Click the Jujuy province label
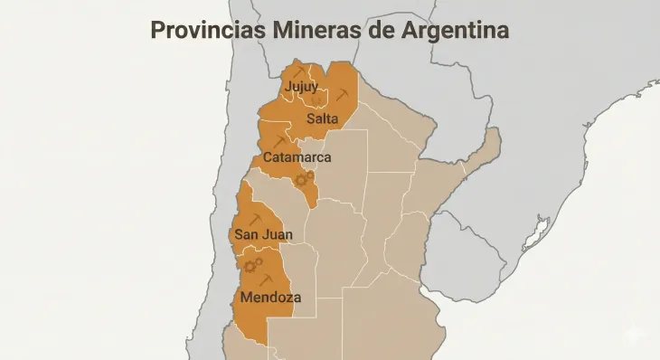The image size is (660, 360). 301,88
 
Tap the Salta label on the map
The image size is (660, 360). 322,119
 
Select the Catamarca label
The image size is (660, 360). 297,157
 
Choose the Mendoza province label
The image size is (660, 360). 271,297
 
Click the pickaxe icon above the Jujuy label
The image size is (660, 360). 298,71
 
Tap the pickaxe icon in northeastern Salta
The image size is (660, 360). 342,95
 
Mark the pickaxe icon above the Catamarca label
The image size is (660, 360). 278,141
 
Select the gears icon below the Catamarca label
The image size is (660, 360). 306,178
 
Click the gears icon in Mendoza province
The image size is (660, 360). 253,265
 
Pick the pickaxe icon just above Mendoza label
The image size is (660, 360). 265,281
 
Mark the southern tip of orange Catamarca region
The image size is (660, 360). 313,204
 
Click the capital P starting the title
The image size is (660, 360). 157,30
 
